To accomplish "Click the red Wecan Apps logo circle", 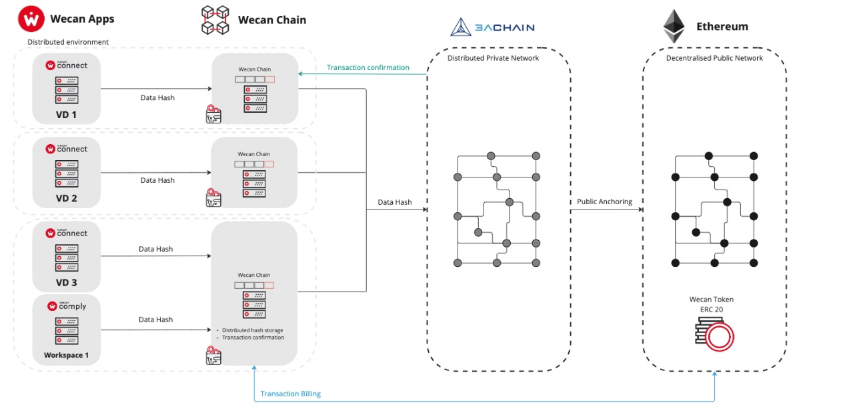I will [31, 19].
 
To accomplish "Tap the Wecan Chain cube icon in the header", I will [215, 20].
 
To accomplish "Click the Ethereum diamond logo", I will [674, 27].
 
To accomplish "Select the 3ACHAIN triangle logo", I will [461, 27].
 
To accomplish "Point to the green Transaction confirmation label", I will [367, 67].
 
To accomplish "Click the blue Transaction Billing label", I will [290, 394].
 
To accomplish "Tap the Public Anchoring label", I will [604, 201].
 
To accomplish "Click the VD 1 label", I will [66, 114].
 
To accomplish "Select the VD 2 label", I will [66, 198].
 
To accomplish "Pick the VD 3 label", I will [66, 282].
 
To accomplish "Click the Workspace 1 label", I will [66, 355].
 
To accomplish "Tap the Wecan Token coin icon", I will [714, 334].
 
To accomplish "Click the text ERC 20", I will [711, 310].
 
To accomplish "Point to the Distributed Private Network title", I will [493, 58].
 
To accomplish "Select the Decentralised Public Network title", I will [714, 58].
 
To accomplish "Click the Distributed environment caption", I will [68, 42].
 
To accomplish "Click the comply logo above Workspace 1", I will [67, 306].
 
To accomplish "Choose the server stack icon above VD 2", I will [67, 173].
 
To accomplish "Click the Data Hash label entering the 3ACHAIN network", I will [394, 202].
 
